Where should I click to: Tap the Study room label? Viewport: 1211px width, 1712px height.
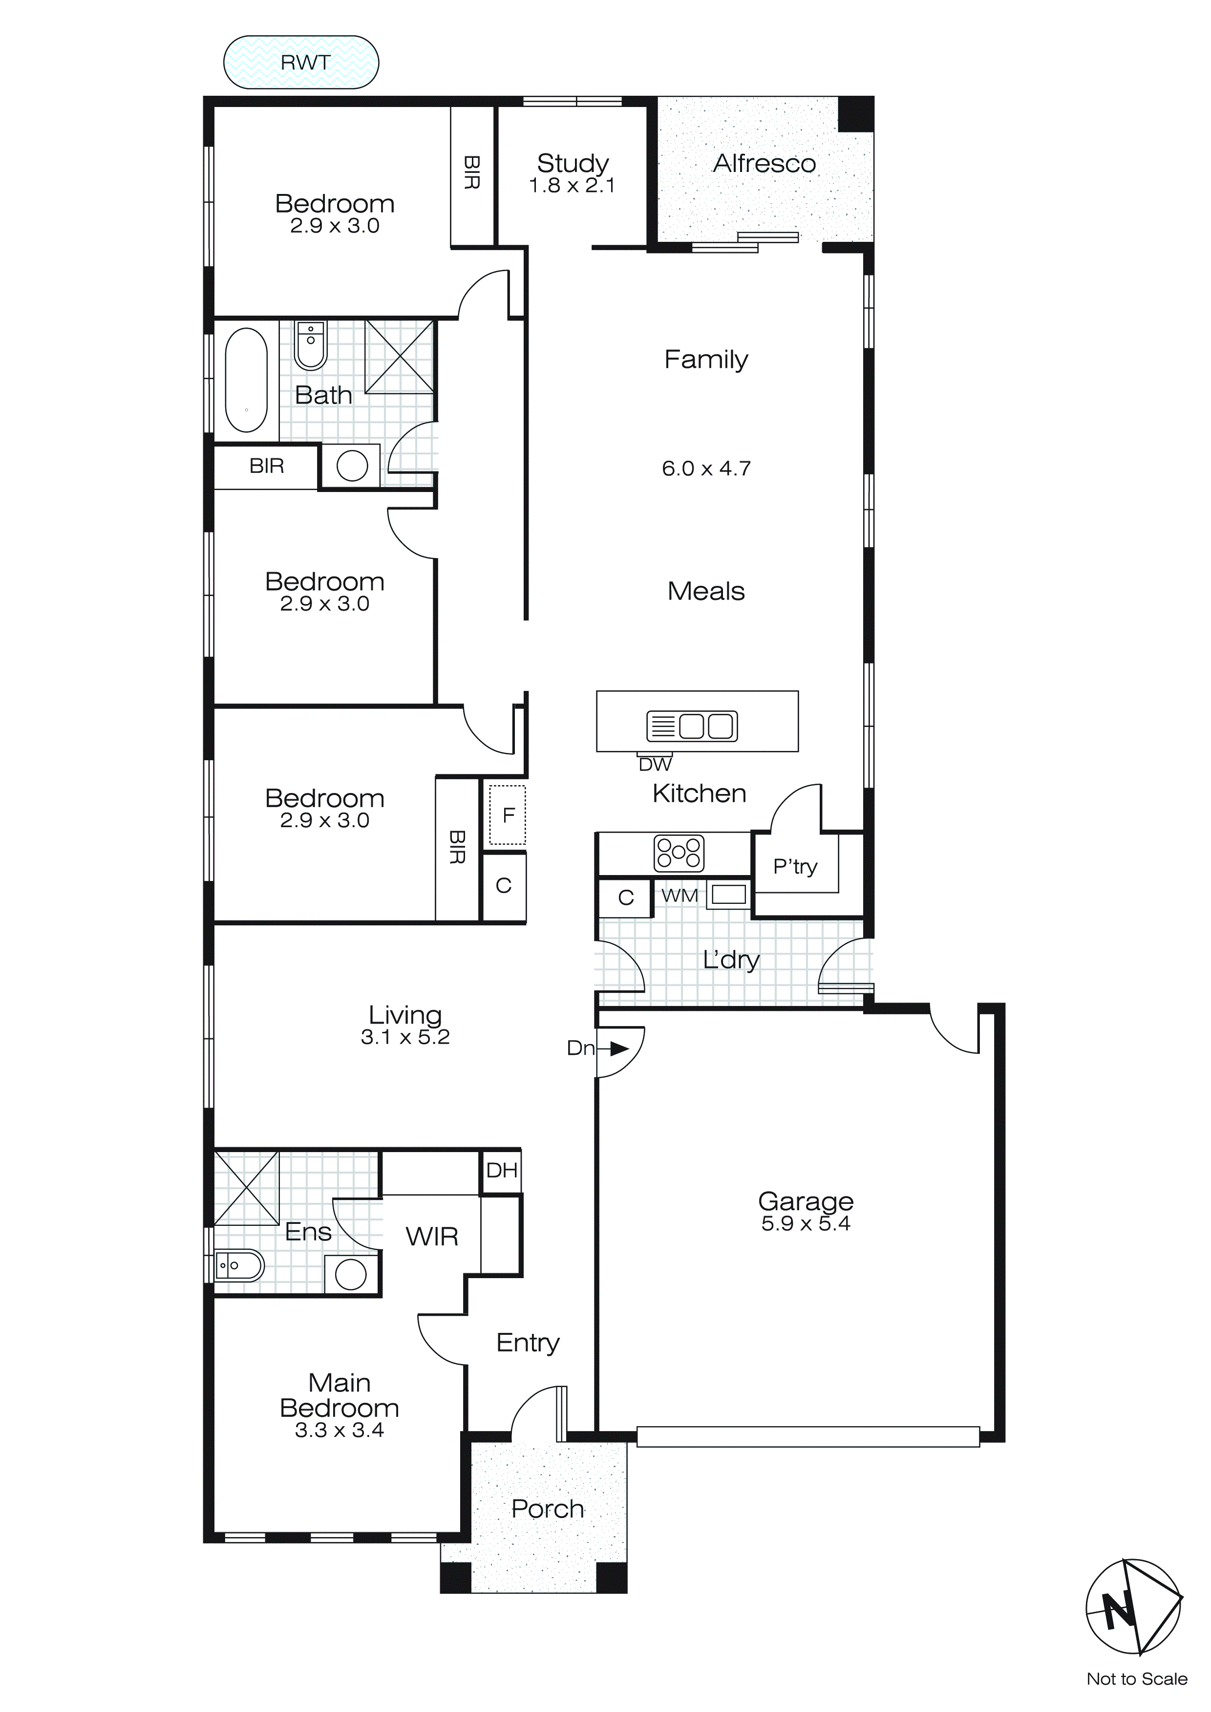pyautogui.click(x=572, y=163)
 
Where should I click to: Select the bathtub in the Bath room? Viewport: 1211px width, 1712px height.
pyautogui.click(x=246, y=380)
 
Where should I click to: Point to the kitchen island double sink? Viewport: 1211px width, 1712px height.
pyautogui.click(x=692, y=726)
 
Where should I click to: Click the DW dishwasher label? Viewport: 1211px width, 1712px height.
pyautogui.click(x=655, y=764)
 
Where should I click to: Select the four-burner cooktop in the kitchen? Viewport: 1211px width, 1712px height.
pyautogui.click(x=678, y=853)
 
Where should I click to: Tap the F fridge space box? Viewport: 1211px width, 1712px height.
pyautogui.click(x=508, y=815)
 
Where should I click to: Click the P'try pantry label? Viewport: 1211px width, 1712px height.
pyautogui.click(x=795, y=866)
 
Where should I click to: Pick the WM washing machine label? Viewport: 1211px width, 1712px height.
pyautogui.click(x=680, y=896)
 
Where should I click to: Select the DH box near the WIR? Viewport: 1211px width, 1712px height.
pyautogui.click(x=501, y=1171)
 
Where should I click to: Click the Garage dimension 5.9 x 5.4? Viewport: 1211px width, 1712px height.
pyautogui.click(x=806, y=1223)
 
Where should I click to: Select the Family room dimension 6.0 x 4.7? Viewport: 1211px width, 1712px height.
pyautogui.click(x=705, y=468)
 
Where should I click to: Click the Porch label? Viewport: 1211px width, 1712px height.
pyautogui.click(x=547, y=1508)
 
